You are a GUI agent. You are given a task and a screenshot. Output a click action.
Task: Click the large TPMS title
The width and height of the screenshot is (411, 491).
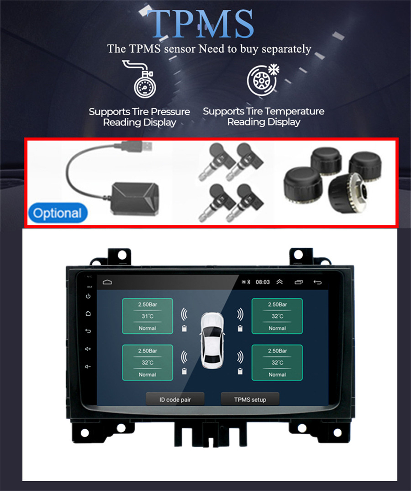[200, 23]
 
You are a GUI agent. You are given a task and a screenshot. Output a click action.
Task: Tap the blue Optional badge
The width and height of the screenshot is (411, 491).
[58, 213]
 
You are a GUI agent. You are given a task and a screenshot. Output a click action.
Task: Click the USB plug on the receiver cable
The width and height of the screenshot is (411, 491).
[137, 146]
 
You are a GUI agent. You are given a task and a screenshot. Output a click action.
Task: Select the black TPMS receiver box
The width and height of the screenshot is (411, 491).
[135, 199]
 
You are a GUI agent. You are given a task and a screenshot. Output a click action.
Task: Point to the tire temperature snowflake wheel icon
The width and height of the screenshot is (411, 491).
[263, 80]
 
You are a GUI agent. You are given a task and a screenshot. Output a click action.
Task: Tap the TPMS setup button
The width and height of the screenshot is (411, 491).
[250, 400]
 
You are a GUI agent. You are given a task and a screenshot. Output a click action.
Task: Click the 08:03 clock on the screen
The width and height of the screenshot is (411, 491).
[263, 282]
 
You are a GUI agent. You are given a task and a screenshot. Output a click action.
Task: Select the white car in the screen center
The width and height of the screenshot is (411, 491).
[212, 340]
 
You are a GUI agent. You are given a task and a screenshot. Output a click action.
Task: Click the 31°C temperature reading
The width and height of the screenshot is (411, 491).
[147, 316]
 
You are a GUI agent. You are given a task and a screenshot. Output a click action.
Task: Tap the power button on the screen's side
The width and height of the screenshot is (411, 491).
[88, 296]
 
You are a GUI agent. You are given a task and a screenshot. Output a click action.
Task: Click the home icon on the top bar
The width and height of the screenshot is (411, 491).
[107, 282]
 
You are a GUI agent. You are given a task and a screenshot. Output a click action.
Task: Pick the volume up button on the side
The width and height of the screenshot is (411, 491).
[88, 349]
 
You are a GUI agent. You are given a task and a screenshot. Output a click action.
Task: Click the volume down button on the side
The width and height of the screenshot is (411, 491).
[88, 366]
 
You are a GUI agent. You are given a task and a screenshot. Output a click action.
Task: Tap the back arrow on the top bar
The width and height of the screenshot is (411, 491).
[317, 282]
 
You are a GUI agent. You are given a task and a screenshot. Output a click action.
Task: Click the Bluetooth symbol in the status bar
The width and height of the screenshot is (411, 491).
[249, 282]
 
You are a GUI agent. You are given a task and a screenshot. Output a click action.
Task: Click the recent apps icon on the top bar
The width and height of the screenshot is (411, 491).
[299, 282]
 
